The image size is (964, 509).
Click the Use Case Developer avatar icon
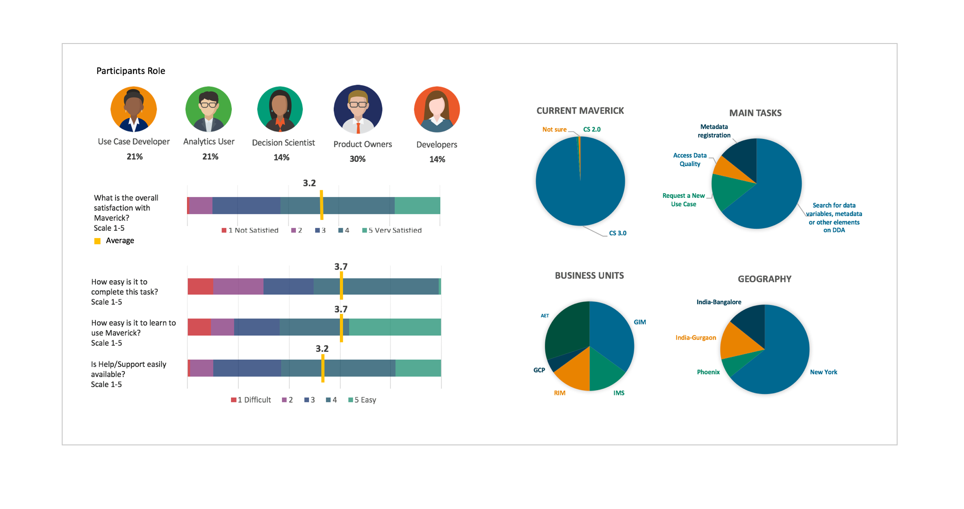click(x=134, y=109)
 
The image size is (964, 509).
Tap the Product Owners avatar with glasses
click(x=358, y=109)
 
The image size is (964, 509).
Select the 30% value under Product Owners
click(x=358, y=159)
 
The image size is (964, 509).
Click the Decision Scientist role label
click(x=283, y=143)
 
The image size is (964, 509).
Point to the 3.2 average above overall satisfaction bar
click(x=309, y=183)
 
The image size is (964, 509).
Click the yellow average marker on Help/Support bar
click(x=323, y=368)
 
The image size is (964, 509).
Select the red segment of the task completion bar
click(x=200, y=286)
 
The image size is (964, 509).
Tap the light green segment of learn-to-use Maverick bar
click(x=395, y=327)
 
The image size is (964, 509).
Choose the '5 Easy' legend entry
click(x=362, y=400)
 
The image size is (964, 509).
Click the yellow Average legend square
click(x=97, y=241)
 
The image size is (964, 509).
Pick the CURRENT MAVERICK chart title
click(x=580, y=111)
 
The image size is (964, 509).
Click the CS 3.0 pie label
click(x=618, y=233)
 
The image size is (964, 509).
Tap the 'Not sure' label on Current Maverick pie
click(x=554, y=130)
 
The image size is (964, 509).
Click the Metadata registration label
click(x=714, y=131)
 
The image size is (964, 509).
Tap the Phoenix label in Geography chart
click(x=708, y=372)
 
